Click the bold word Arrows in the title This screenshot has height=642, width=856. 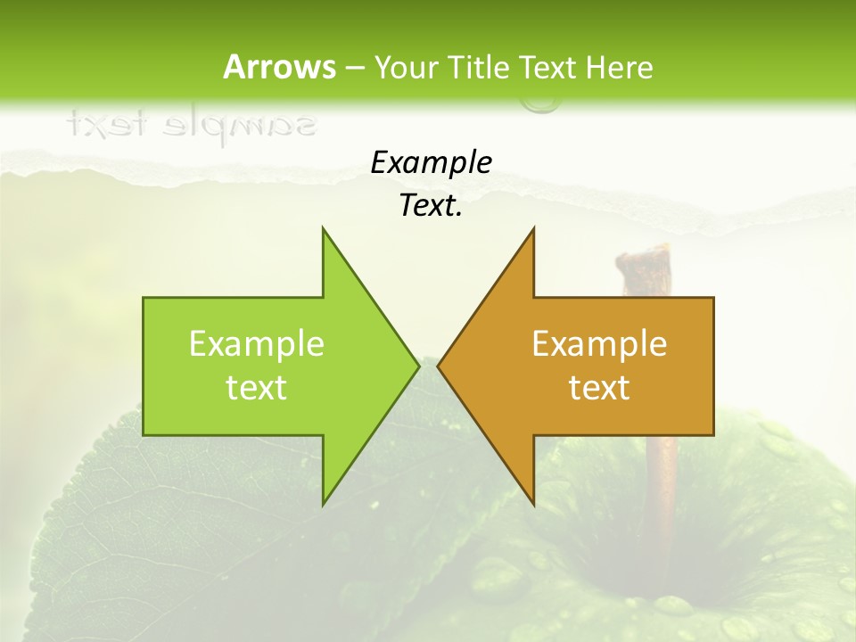click(x=279, y=67)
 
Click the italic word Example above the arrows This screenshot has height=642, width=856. click(x=431, y=162)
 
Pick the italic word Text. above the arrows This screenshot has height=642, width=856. click(x=431, y=206)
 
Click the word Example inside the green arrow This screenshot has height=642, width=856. click(x=257, y=343)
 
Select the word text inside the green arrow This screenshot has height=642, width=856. click(x=257, y=387)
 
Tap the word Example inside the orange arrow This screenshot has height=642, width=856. click(x=599, y=343)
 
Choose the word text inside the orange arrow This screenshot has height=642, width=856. click(x=599, y=387)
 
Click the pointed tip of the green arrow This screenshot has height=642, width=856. click(x=419, y=366)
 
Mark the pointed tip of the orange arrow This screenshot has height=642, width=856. click(x=438, y=366)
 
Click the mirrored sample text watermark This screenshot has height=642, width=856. click(x=191, y=125)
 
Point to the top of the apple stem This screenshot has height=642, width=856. click(x=642, y=255)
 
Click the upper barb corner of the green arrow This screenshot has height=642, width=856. click(x=323, y=227)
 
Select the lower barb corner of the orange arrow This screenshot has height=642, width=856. click(x=533, y=505)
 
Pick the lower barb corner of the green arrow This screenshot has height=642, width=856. click(x=323, y=505)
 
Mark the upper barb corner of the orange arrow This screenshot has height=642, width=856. click(x=533, y=227)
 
